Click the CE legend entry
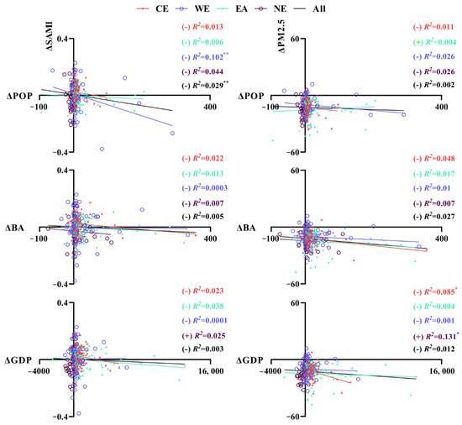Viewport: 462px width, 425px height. point(153,9)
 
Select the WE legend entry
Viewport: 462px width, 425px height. point(192,9)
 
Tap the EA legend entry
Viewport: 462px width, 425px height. point(232,9)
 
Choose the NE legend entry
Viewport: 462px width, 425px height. point(270,9)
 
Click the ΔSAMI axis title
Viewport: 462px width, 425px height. point(50,36)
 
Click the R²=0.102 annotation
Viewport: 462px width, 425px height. point(210,56)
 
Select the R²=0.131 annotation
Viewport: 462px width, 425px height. point(442,336)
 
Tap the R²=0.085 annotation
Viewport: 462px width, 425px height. point(440,291)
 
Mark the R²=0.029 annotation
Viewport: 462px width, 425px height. point(210,85)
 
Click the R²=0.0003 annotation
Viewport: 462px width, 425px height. point(210,188)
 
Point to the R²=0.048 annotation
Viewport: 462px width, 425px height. point(439,159)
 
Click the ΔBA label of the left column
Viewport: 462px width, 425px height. point(14,228)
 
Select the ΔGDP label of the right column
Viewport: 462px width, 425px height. point(249,360)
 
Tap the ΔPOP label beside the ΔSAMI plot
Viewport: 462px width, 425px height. point(19,96)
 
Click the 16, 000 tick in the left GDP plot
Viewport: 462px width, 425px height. point(211,370)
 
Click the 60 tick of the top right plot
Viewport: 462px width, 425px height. point(296,39)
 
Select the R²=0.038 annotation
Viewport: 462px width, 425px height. point(208,307)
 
